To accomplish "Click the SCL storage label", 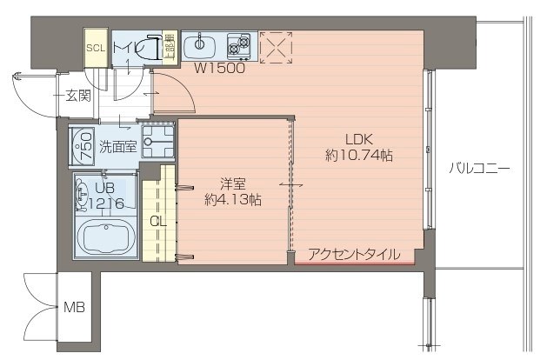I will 95,48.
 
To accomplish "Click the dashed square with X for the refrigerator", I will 277,47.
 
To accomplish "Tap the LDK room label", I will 358,139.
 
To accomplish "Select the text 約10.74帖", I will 358,156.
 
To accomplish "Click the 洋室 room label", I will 232,183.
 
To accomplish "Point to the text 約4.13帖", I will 232,199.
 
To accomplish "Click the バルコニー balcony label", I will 479,168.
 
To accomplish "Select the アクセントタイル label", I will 354,255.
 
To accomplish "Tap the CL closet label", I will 157,221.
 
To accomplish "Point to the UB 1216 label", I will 105,196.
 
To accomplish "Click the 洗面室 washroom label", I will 117,146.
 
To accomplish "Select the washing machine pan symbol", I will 157,141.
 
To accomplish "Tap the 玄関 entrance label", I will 77,96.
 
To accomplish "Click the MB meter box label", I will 74,308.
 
